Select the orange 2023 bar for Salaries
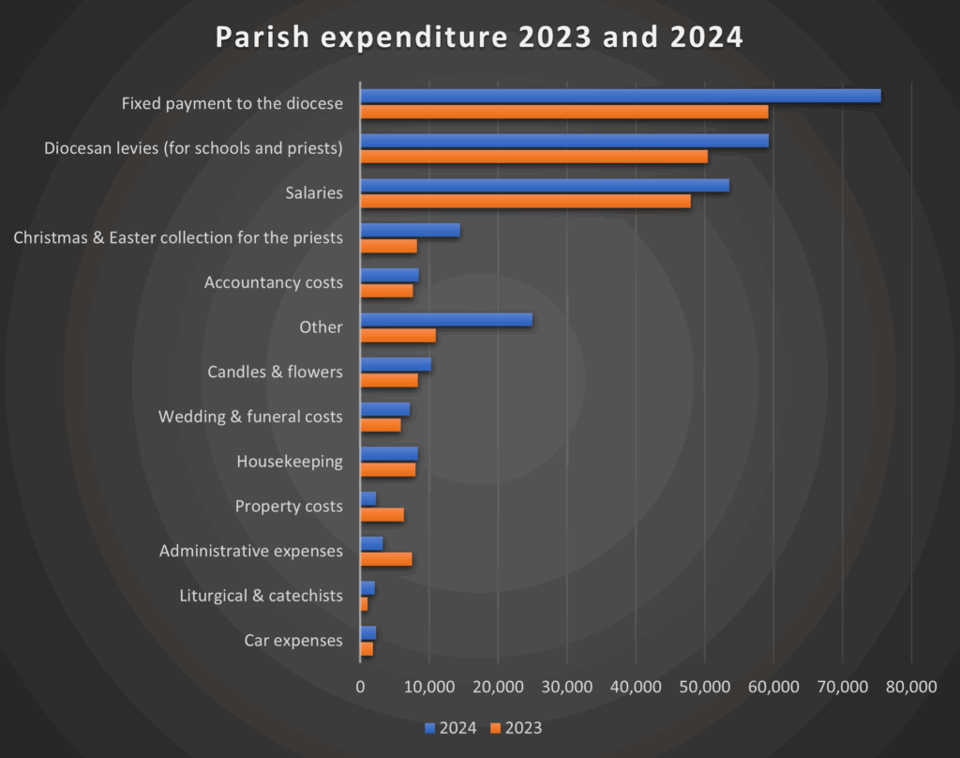pyautogui.click(x=525, y=201)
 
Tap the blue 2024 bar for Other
pyautogui.click(x=446, y=319)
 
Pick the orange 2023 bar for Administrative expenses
pyautogui.click(x=386, y=559)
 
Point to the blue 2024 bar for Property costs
pyautogui.click(x=368, y=498)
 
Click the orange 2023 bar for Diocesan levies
pyautogui.click(x=534, y=156)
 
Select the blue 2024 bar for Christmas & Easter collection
pyautogui.click(x=410, y=230)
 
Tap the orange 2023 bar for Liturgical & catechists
pyautogui.click(x=365, y=604)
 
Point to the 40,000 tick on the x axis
pyautogui.click(x=636, y=687)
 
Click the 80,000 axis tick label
pyautogui.click(x=911, y=687)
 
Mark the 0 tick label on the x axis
pyautogui.click(x=361, y=687)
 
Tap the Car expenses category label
pyautogui.click(x=293, y=641)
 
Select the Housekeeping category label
pyautogui.click(x=290, y=462)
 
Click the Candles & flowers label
pyautogui.click(x=275, y=371)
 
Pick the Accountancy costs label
pyautogui.click(x=273, y=282)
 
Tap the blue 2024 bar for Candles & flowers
pyautogui.click(x=396, y=364)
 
